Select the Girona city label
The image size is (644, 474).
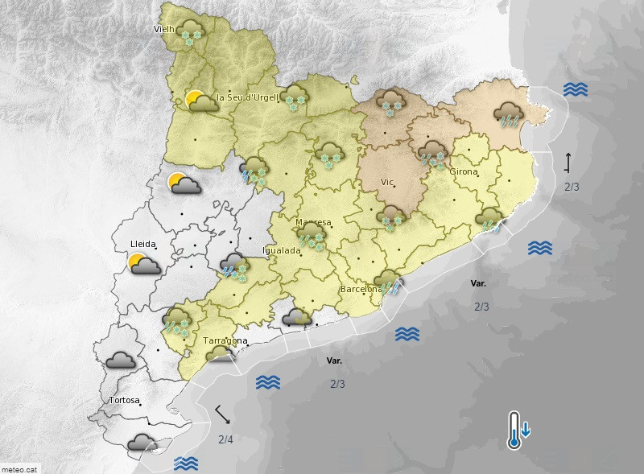click(x=464, y=171)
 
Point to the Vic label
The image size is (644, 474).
click(x=387, y=182)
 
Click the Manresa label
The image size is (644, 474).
click(x=313, y=222)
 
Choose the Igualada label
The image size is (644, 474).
click(x=282, y=250)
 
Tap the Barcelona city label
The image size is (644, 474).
click(x=361, y=288)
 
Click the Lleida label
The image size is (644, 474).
click(x=142, y=243)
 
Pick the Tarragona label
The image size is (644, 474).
click(x=225, y=340)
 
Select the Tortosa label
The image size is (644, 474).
click(x=124, y=400)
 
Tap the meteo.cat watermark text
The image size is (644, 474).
click(x=20, y=468)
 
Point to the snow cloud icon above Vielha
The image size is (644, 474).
click(x=192, y=32)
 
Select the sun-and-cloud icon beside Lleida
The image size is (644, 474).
click(x=145, y=264)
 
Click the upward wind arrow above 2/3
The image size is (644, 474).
click(x=568, y=162)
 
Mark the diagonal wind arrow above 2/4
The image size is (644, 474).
click(x=223, y=415)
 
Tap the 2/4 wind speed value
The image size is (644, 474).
click(x=225, y=439)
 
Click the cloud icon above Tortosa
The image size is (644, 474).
click(x=121, y=360)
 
